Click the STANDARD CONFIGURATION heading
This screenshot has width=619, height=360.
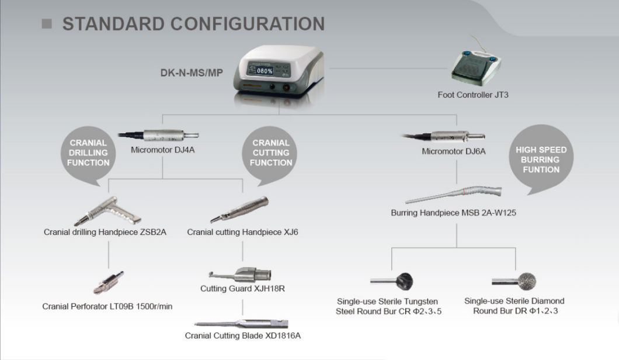[193, 23]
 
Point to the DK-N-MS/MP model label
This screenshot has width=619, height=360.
[192, 74]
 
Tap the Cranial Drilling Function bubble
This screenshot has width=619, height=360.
[88, 153]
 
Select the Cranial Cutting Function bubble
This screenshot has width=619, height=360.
[270, 153]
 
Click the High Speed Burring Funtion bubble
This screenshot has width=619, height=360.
[541, 160]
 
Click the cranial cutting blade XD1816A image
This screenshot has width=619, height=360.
[242, 322]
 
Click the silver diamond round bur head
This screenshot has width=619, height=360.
[528, 281]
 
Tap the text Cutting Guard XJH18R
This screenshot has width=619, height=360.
[242, 289]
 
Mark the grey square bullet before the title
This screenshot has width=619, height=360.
[47, 24]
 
